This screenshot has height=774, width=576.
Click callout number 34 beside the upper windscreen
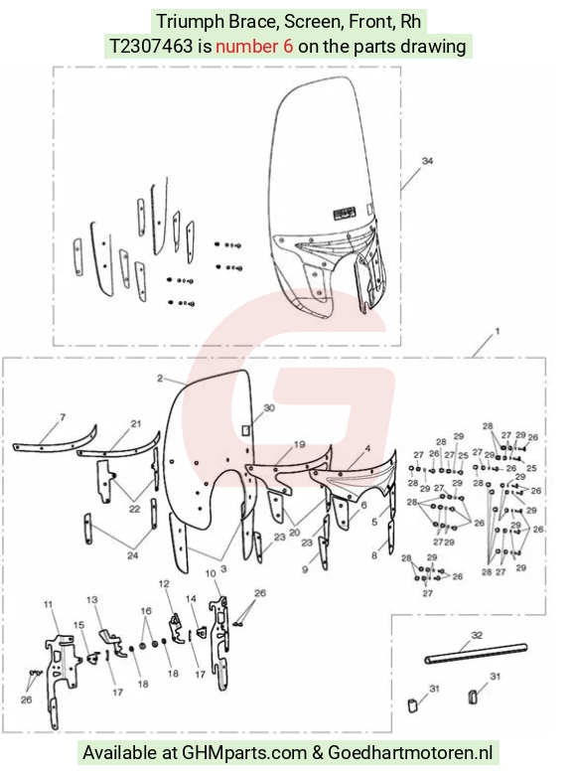pyautogui.click(x=427, y=161)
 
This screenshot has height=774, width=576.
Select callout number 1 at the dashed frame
pyautogui.click(x=497, y=331)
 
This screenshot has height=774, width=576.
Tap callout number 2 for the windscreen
pyautogui.click(x=160, y=379)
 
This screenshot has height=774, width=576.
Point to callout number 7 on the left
pyautogui.click(x=63, y=417)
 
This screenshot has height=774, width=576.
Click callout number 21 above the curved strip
pyautogui.click(x=136, y=423)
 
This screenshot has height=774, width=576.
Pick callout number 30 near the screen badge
pyautogui.click(x=269, y=407)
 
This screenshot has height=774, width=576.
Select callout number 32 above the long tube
pyautogui.click(x=477, y=635)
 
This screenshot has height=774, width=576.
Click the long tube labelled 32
pyautogui.click(x=476, y=654)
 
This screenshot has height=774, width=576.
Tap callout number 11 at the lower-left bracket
pyautogui.click(x=48, y=604)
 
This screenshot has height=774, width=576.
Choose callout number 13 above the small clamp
pyautogui.click(x=92, y=600)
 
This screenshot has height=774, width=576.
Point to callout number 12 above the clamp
pyautogui.click(x=164, y=584)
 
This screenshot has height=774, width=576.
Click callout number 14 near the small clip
pyautogui.click(x=191, y=599)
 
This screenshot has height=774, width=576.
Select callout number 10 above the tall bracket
pyautogui.click(x=211, y=573)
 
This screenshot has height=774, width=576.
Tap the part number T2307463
pyautogui.click(x=151, y=46)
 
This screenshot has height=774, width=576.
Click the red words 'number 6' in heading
pyautogui.click(x=254, y=46)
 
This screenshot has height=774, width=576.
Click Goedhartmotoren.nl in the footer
pyautogui.click(x=410, y=752)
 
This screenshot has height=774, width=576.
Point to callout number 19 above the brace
pyautogui.click(x=300, y=445)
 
